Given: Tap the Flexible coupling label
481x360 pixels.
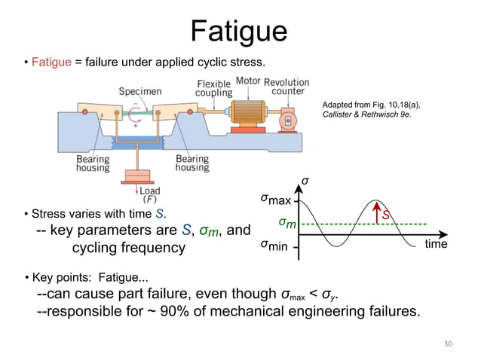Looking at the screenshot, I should pos(213,88).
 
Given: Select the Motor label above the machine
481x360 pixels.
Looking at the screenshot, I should pos(249,81).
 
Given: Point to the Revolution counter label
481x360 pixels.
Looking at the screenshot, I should pos(286,86).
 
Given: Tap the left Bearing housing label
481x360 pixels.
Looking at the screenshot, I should pos(92,163).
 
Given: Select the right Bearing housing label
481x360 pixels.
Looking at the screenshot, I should pos(192,163).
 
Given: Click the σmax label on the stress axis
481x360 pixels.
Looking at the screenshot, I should pos(275,201).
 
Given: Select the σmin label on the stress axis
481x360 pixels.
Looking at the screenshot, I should pos(275,246).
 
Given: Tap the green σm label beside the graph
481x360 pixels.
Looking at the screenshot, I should pos(286,223).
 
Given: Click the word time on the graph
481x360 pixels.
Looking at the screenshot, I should pos(436,244).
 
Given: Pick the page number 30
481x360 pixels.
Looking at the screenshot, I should pos(448,343).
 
